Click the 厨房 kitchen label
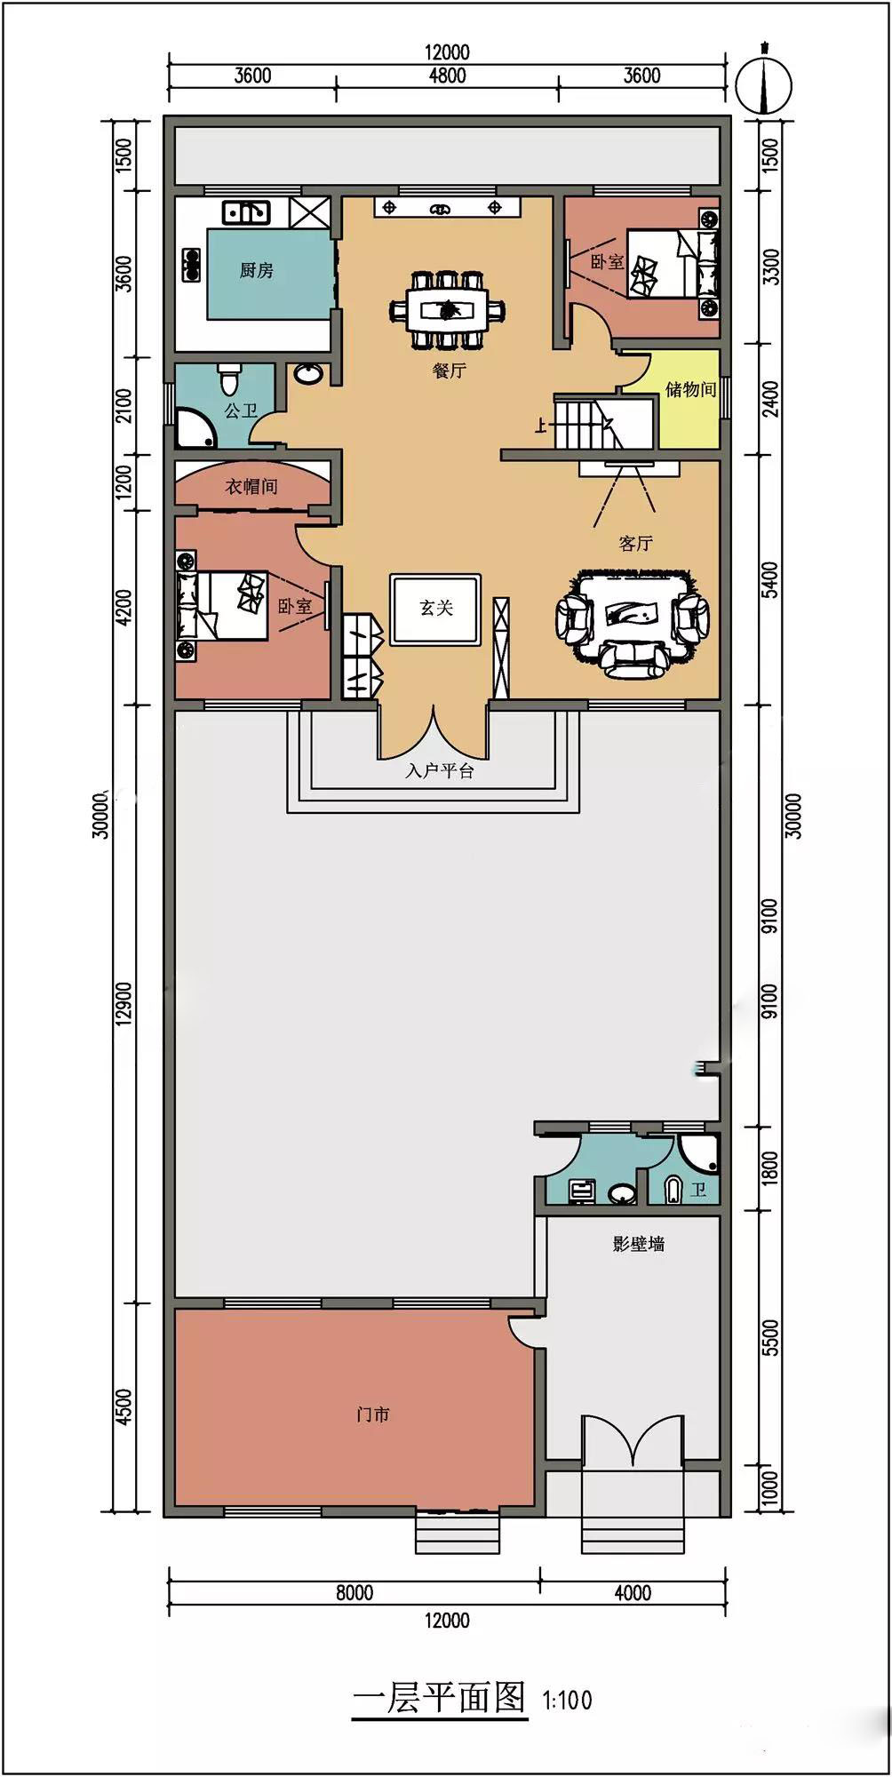point(256,270)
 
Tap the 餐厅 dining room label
point(449,371)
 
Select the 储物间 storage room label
point(690,388)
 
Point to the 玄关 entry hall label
point(436,608)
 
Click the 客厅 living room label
point(635,543)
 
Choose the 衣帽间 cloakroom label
point(251,486)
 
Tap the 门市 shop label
point(373,1414)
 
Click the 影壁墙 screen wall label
point(639,1244)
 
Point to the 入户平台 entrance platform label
point(440,771)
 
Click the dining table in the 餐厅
point(449,310)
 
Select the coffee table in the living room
point(632,611)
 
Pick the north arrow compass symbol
point(764,79)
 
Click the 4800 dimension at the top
point(447,76)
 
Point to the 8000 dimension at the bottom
point(354,1593)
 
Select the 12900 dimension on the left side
point(124,1004)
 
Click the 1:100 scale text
point(568,1701)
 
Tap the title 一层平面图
point(440,1698)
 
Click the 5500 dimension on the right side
point(770,1338)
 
